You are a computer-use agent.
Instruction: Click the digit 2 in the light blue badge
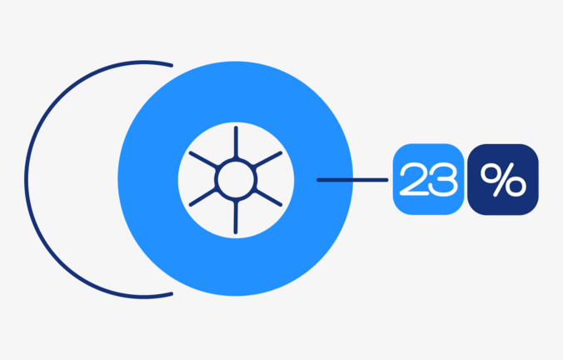pos(414,179)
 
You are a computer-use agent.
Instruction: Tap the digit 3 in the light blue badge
pos(443,179)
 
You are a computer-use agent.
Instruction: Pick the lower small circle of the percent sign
pos(516,187)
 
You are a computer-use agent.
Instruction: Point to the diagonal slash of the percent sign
pos(504,180)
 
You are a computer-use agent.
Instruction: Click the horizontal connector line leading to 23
pos(352,180)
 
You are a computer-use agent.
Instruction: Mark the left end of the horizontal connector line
pos(318,180)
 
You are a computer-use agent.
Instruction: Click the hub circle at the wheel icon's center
pos(236,180)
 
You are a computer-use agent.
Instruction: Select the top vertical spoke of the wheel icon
pos(236,142)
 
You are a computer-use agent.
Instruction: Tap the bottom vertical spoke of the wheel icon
pos(236,217)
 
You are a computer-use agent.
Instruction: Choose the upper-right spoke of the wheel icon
pos(268,160)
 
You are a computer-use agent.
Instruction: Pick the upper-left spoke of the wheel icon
pos(203,160)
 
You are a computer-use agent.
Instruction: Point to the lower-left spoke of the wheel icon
pos(203,198)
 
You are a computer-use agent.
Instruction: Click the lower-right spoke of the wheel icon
pos(268,198)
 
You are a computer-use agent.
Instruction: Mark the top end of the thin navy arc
pos(172,65)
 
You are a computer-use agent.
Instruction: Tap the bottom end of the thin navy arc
pos(172,294)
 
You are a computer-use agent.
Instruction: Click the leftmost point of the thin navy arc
pos(26,180)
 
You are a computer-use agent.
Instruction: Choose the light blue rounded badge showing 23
pos(428,179)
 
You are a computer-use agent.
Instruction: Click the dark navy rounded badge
pos(503,180)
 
